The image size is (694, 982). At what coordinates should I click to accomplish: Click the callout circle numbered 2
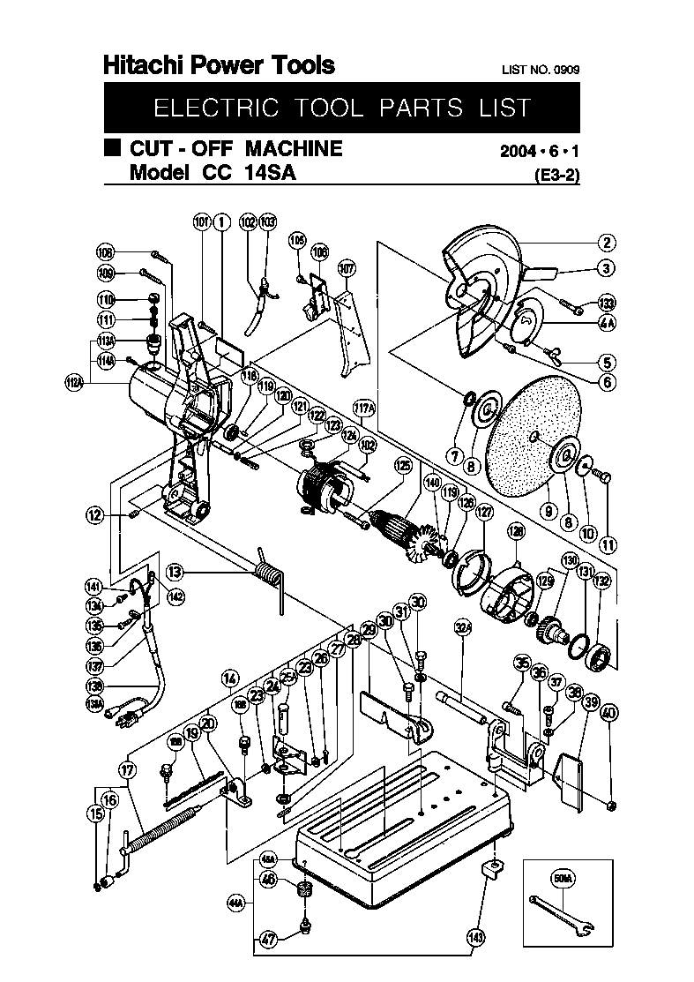click(607, 243)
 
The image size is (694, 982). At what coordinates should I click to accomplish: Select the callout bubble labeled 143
click(477, 938)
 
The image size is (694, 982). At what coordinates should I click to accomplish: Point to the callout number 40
click(609, 713)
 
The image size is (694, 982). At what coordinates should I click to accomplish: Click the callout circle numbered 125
click(403, 465)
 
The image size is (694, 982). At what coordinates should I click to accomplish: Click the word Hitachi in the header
click(140, 64)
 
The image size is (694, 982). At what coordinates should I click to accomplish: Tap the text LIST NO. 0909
click(541, 69)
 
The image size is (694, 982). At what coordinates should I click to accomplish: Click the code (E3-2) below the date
click(557, 175)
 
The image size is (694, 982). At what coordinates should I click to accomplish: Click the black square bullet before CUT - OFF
click(112, 148)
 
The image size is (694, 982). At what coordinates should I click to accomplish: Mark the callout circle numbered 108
click(106, 250)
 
